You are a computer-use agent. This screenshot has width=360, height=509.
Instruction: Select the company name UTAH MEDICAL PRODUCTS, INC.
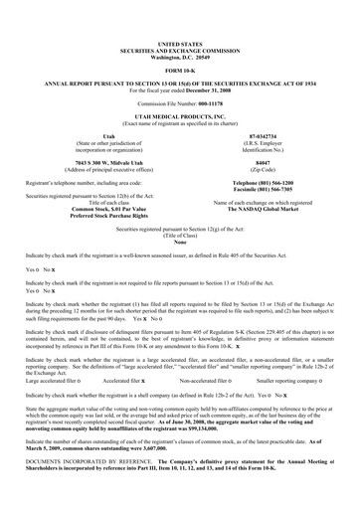coord(180,117)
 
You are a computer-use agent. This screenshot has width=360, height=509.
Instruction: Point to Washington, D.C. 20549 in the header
coord(180,56)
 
